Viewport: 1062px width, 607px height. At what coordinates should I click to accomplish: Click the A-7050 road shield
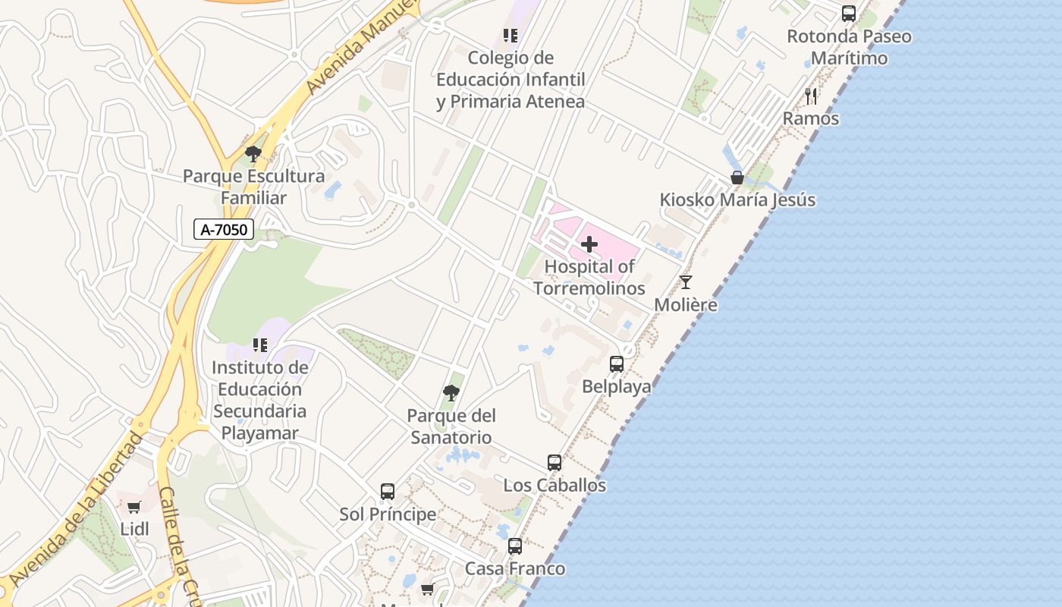(x=224, y=229)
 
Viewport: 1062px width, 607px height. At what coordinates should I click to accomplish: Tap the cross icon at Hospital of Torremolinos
(x=589, y=244)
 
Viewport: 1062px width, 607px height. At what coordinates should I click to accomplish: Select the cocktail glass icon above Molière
(x=686, y=282)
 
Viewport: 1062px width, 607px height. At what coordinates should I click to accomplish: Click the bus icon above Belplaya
(x=617, y=364)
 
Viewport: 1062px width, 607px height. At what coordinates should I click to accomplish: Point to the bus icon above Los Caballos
(x=555, y=463)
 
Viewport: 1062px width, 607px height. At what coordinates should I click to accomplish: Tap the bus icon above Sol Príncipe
(x=388, y=492)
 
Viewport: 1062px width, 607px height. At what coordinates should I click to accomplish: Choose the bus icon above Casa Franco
(x=515, y=546)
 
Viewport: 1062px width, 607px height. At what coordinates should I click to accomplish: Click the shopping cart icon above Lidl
(x=134, y=507)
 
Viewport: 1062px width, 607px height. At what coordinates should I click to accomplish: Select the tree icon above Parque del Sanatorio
(x=451, y=393)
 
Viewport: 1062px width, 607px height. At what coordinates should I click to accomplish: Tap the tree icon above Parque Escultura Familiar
(x=253, y=154)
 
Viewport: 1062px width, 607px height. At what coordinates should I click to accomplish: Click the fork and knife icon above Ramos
(x=811, y=96)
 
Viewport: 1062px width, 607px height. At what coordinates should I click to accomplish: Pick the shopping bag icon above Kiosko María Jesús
(x=737, y=178)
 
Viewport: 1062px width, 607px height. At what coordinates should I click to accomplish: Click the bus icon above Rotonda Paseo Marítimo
(x=849, y=14)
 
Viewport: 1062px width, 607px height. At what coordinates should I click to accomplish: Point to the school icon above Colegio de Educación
(x=511, y=35)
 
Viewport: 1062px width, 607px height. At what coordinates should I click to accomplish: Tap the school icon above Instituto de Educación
(x=260, y=345)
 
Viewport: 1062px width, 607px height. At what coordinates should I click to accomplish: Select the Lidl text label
(x=135, y=529)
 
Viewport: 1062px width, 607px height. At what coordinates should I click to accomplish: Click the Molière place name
(x=686, y=305)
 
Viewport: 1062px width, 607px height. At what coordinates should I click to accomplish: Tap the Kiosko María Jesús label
(x=737, y=200)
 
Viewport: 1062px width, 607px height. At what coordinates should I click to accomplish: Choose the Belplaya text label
(x=617, y=387)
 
